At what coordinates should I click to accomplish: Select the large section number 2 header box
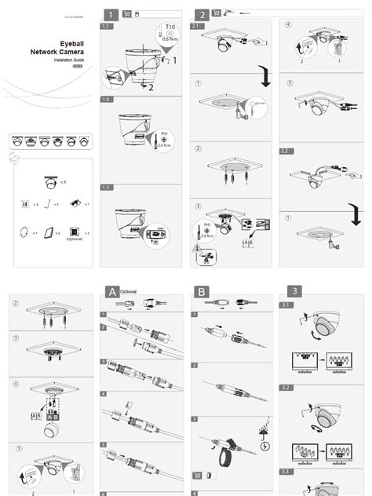(202, 13)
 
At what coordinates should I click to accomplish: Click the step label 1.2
(106, 100)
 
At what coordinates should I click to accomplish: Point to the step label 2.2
(286, 149)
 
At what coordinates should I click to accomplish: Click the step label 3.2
(286, 388)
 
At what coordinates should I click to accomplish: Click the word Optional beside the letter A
(129, 291)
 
